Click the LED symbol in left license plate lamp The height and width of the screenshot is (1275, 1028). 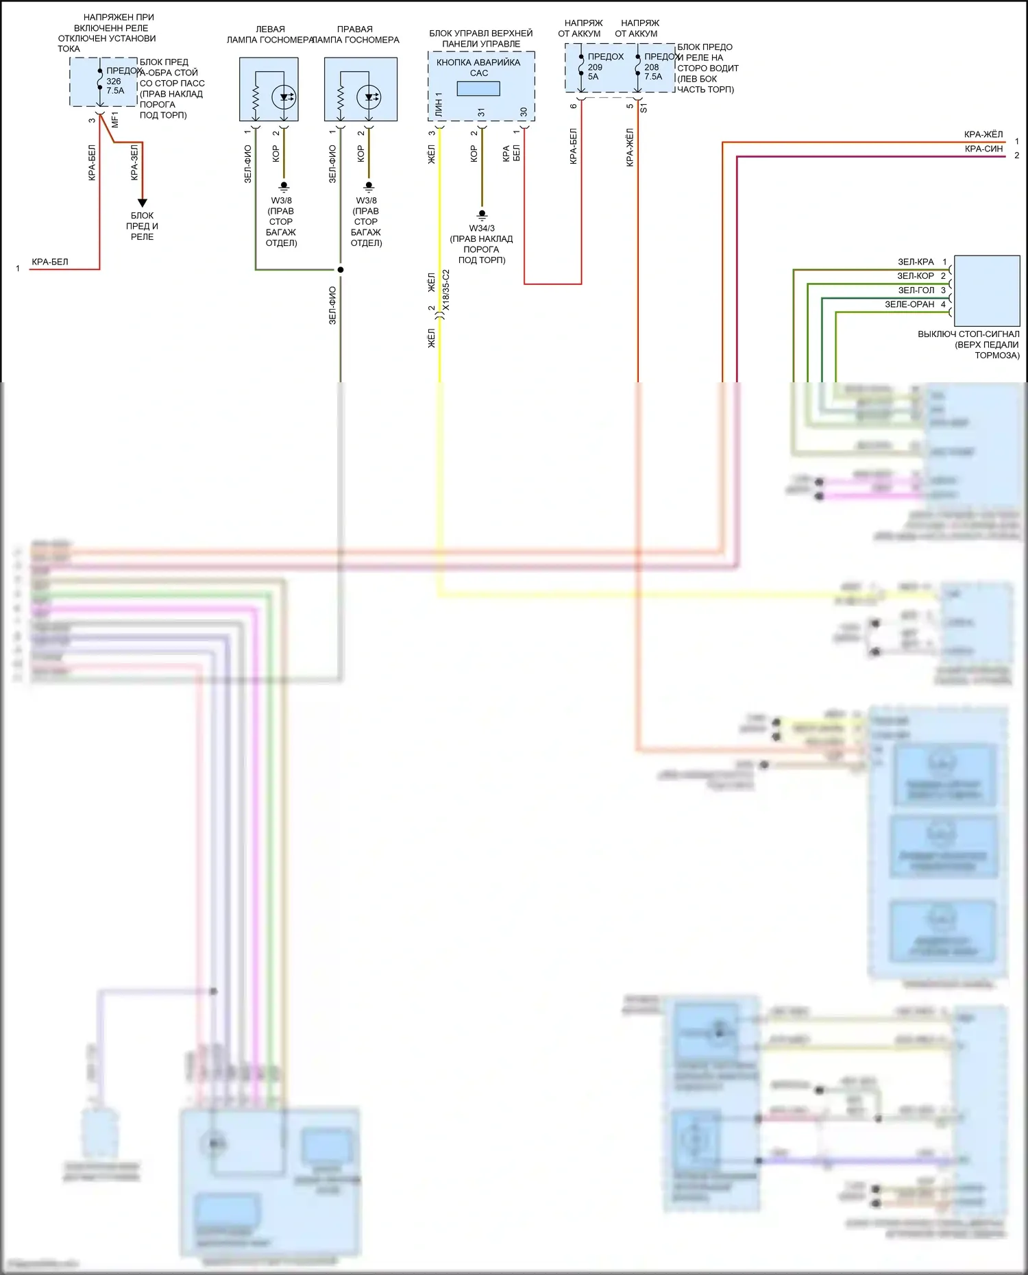(x=284, y=97)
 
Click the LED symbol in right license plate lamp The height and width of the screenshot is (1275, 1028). (x=369, y=97)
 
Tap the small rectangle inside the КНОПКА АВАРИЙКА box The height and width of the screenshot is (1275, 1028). (x=478, y=88)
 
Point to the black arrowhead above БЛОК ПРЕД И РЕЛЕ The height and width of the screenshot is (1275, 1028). (x=143, y=203)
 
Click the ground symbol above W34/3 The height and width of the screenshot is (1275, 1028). (x=482, y=215)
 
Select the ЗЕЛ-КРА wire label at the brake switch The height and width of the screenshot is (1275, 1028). (x=916, y=262)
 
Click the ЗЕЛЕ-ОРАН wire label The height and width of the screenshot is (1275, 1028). (x=909, y=304)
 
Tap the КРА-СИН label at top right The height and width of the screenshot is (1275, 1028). (x=983, y=149)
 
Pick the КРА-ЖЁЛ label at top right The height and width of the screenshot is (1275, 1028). (x=983, y=134)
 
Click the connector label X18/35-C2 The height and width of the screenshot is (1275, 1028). (x=446, y=290)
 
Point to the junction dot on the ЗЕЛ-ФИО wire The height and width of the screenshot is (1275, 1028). (x=341, y=269)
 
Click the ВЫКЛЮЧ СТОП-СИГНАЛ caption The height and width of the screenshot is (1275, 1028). (x=969, y=344)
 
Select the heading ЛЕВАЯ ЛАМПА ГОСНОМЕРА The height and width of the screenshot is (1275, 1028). (x=270, y=34)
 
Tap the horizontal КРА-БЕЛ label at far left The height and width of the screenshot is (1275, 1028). (x=50, y=262)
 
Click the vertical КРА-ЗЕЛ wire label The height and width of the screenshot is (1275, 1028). (x=134, y=162)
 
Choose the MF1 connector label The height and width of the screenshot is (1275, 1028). (x=115, y=119)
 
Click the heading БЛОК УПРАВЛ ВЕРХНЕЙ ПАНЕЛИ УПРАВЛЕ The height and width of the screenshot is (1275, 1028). (x=481, y=38)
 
